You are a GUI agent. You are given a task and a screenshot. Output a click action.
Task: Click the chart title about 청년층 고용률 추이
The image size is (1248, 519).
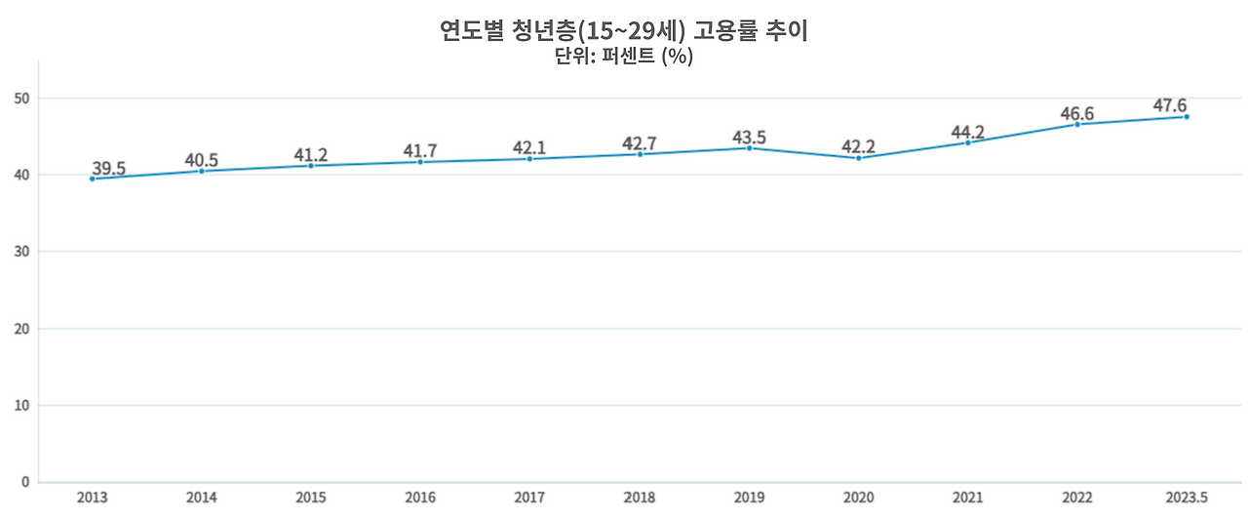pyautogui.click(x=624, y=30)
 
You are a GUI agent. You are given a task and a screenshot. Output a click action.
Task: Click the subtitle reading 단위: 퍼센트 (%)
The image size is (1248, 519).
pyautogui.click(x=624, y=57)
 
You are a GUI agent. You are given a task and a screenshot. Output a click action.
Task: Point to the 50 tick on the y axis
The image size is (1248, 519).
pyautogui.click(x=21, y=99)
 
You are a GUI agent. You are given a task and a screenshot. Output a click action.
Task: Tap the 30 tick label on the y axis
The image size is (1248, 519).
pyautogui.click(x=21, y=252)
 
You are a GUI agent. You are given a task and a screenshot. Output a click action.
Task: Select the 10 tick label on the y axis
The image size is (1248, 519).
pyautogui.click(x=21, y=405)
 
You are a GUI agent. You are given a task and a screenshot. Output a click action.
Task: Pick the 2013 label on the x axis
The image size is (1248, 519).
pyautogui.click(x=93, y=499)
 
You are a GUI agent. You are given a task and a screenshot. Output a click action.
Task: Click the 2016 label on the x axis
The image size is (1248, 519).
pyautogui.click(x=420, y=499)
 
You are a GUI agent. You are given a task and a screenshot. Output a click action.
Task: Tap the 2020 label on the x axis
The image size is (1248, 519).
pyautogui.click(x=858, y=499)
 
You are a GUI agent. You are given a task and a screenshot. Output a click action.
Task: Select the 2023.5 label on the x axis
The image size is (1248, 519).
pyautogui.click(x=1186, y=499)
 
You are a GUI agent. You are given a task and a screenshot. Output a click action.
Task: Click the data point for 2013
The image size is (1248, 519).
pyautogui.click(x=93, y=179)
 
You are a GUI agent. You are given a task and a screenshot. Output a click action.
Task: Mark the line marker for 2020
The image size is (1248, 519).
pyautogui.click(x=858, y=158)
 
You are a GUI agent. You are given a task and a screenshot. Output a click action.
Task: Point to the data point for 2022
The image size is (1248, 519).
pyautogui.click(x=1077, y=124)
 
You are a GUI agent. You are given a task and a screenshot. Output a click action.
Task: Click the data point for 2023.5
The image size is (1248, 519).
pyautogui.click(x=1187, y=116)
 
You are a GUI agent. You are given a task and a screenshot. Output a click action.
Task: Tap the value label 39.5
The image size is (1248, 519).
pyautogui.click(x=108, y=168)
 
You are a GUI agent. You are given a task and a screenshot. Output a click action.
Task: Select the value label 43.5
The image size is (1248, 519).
pyautogui.click(x=749, y=138)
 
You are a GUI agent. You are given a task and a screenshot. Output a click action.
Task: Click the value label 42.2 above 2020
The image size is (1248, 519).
pyautogui.click(x=858, y=147)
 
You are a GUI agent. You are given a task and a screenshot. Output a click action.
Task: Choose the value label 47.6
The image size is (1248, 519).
pyautogui.click(x=1170, y=105)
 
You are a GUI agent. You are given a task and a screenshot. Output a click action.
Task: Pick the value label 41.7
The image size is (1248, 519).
pyautogui.click(x=420, y=151)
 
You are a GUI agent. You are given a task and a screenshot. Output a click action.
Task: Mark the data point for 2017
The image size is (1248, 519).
pyautogui.click(x=529, y=158)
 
